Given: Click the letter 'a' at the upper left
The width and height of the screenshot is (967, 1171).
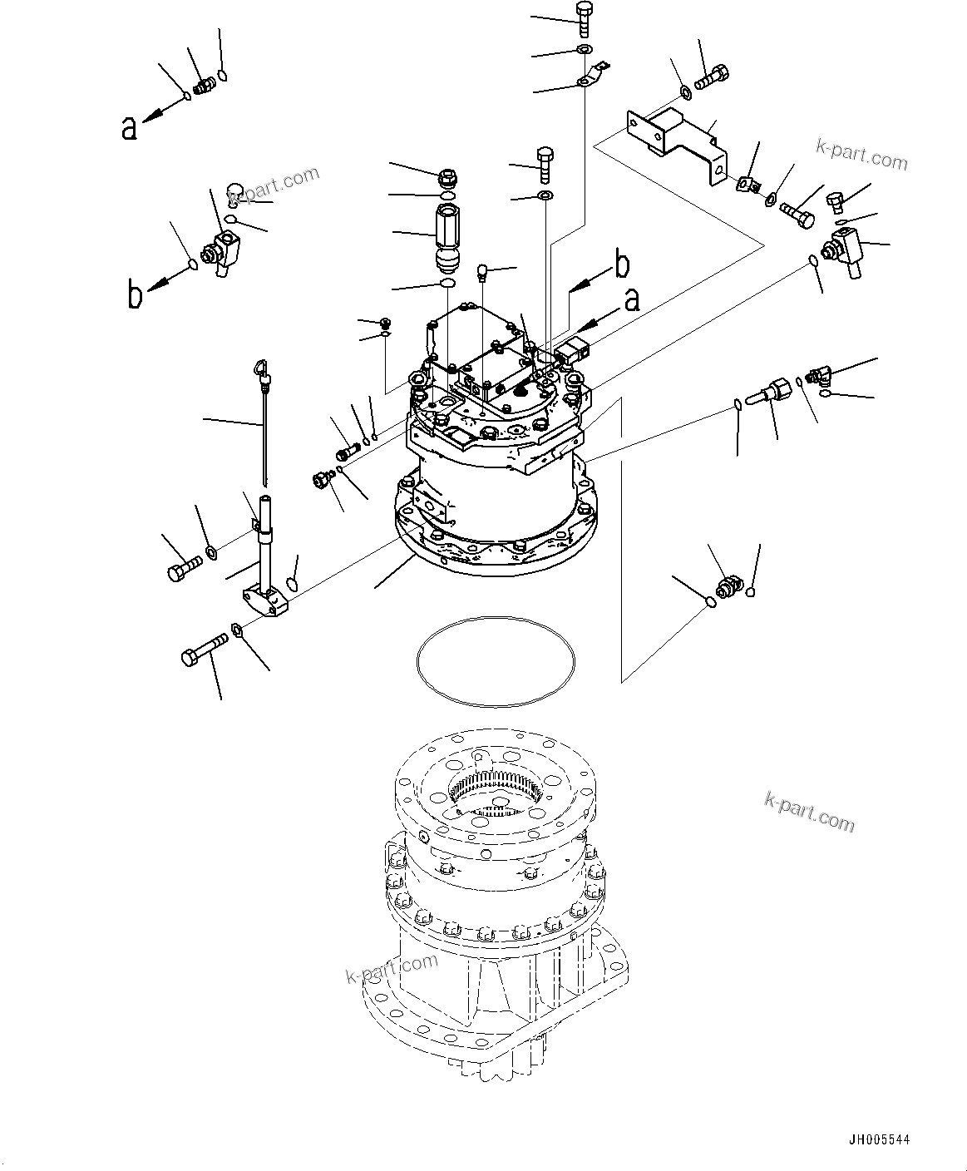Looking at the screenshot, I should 129,127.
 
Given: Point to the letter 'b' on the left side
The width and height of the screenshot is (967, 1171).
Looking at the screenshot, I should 135,296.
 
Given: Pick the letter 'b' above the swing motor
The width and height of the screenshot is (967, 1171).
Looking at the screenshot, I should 621,265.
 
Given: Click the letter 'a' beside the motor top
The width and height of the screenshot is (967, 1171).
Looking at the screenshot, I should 632,299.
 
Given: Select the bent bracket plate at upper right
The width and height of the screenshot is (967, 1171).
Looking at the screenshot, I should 675,137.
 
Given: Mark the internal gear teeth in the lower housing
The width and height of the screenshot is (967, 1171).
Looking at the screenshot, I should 496,787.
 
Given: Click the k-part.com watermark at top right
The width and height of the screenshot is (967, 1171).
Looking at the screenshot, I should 861,155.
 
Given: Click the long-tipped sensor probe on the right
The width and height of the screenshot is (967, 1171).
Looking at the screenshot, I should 770,393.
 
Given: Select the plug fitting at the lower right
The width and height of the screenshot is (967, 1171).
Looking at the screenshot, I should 729,585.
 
